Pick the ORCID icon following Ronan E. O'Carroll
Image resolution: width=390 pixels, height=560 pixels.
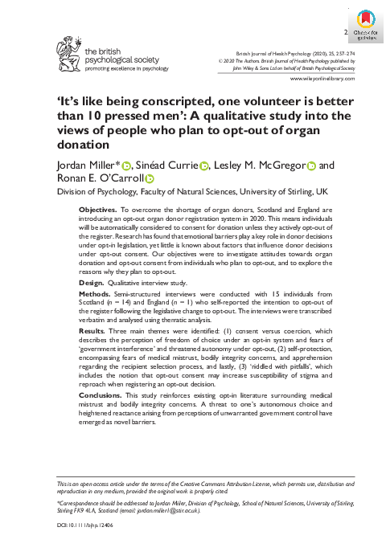[x=150, y=179]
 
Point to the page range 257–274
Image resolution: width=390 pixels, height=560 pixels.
[x=359, y=51]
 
